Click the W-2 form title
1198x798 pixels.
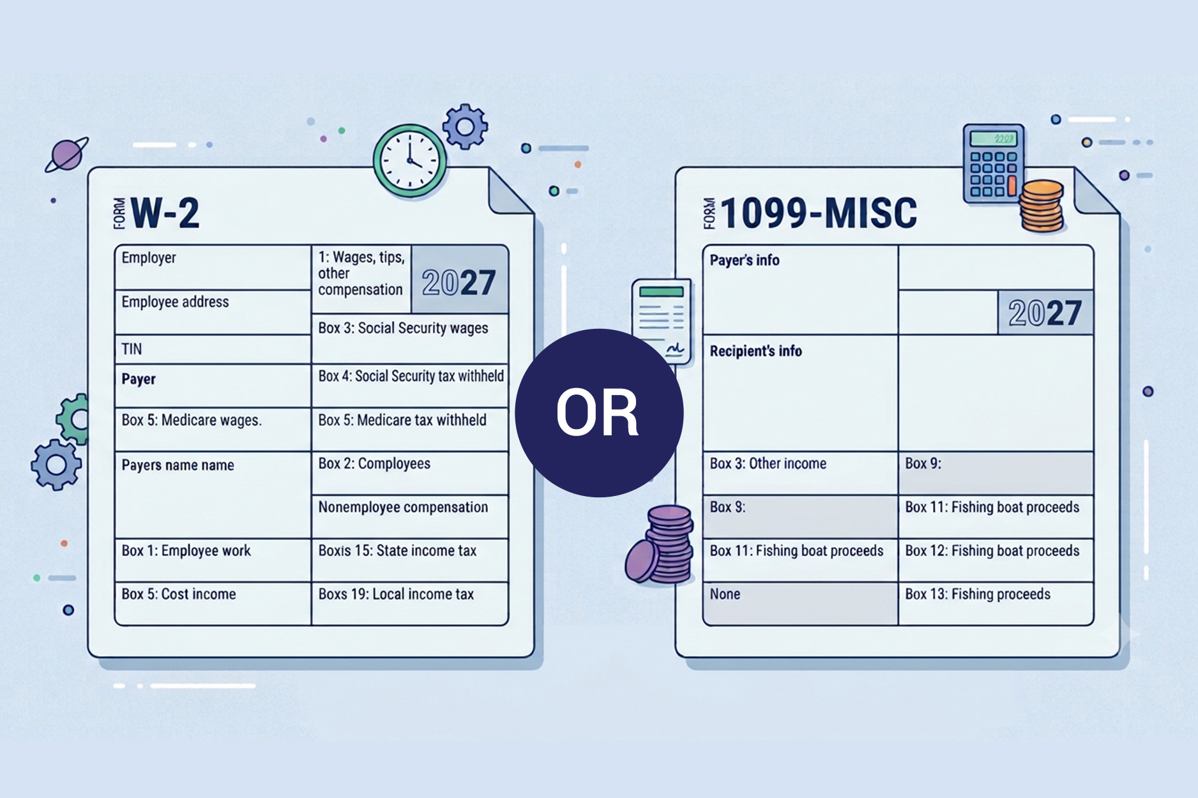[165, 213]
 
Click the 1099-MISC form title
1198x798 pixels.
[818, 213]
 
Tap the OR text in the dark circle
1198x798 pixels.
[597, 413]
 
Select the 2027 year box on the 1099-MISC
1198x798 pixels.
[1045, 313]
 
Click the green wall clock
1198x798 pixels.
[410, 161]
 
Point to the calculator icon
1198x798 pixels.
[994, 163]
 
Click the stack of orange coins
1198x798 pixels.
[1042, 206]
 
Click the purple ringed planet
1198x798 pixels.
[66, 155]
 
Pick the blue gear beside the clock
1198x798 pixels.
[466, 126]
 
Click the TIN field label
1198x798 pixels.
[132, 349]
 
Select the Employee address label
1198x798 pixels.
[175, 302]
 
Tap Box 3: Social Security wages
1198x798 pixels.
[403, 328]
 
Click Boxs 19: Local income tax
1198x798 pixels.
[396, 594]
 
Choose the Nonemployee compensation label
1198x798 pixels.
[403, 508]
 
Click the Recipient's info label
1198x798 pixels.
[756, 351]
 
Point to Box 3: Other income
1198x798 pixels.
[768, 464]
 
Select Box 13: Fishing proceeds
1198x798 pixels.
[978, 594]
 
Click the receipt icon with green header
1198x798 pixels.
[662, 322]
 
